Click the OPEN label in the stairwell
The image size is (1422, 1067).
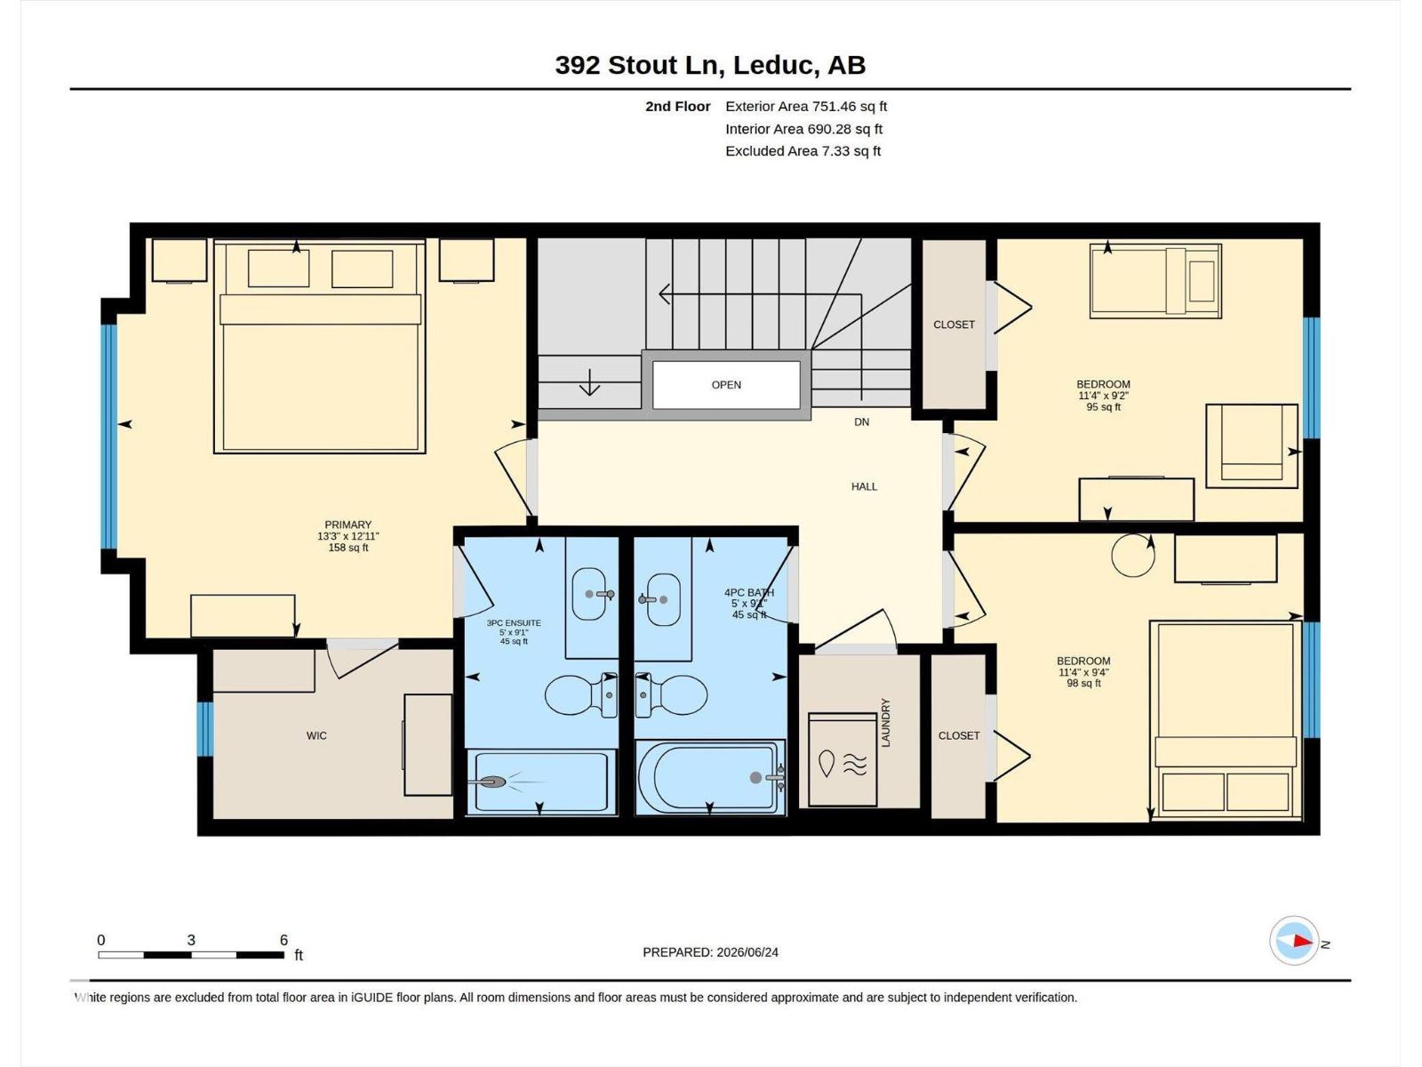click(725, 385)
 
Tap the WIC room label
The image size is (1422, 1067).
click(316, 735)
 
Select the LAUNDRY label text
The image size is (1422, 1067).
click(885, 722)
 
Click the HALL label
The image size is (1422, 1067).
click(864, 486)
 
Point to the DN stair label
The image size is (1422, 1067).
click(861, 421)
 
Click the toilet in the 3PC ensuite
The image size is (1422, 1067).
click(581, 695)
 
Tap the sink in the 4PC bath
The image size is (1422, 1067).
click(661, 599)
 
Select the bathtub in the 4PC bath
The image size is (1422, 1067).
click(710, 777)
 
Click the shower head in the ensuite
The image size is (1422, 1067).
click(492, 782)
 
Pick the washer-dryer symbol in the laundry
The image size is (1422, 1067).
click(843, 760)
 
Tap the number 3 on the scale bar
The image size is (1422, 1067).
click(190, 940)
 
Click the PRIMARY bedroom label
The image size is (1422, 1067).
click(348, 525)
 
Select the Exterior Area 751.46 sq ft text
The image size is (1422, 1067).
click(806, 106)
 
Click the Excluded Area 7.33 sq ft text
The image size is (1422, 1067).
click(803, 151)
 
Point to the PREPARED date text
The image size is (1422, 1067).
click(711, 952)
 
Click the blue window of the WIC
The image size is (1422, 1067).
click(204, 729)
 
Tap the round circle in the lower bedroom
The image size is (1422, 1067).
click(1133, 555)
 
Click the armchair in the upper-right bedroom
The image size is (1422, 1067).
click(1251, 445)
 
